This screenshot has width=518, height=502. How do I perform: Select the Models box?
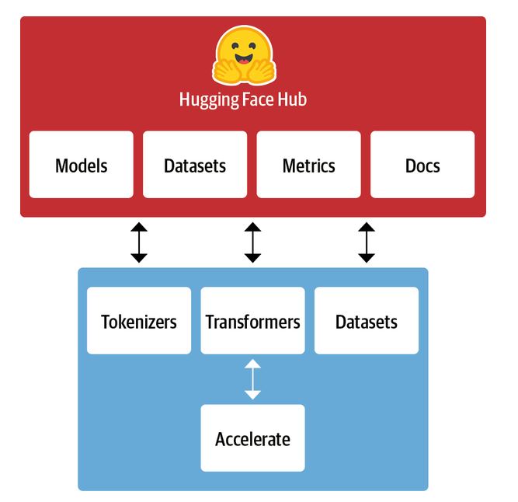click(82, 165)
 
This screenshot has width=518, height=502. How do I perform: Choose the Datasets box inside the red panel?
click(195, 165)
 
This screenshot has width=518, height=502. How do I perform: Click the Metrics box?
click(308, 165)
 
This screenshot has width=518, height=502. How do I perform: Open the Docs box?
click(422, 165)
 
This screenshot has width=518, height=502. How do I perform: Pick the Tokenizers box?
click(139, 321)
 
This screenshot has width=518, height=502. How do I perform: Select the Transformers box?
click(252, 321)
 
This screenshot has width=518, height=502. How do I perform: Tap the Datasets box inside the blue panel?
click(366, 321)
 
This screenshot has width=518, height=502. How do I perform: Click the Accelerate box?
click(252, 438)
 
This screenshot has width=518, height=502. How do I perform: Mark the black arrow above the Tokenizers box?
click(139, 242)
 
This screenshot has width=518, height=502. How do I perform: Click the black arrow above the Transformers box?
click(252, 242)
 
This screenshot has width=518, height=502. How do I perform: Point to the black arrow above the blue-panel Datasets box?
click(366, 242)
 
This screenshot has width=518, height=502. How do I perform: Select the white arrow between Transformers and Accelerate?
click(252, 379)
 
